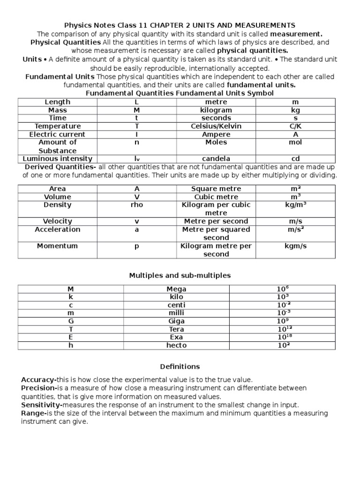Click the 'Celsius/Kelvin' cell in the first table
216,126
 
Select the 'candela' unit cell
216,159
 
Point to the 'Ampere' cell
216,134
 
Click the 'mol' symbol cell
295,142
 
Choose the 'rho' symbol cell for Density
137,205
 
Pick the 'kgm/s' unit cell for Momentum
295,246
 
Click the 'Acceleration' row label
58,229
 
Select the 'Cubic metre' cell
216,197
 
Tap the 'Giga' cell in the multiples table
176,321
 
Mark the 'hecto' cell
176,345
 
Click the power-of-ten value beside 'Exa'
282,337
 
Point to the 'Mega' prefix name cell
176,289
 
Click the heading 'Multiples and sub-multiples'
180,275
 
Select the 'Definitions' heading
180,366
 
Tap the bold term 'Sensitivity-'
42,405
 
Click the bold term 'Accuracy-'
39,379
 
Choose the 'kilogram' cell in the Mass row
216,110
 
